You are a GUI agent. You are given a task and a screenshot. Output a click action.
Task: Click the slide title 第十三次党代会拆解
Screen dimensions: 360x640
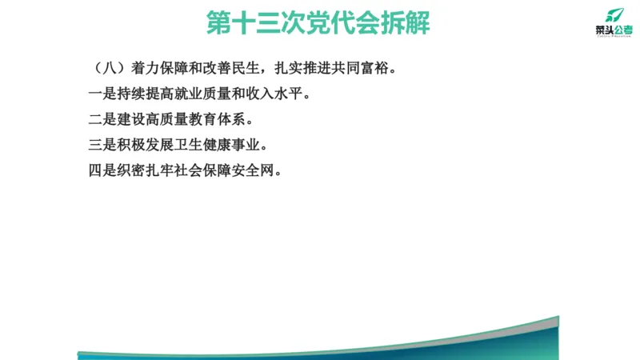318,22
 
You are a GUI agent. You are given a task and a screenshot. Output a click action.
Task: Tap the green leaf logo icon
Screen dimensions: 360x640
612,14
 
